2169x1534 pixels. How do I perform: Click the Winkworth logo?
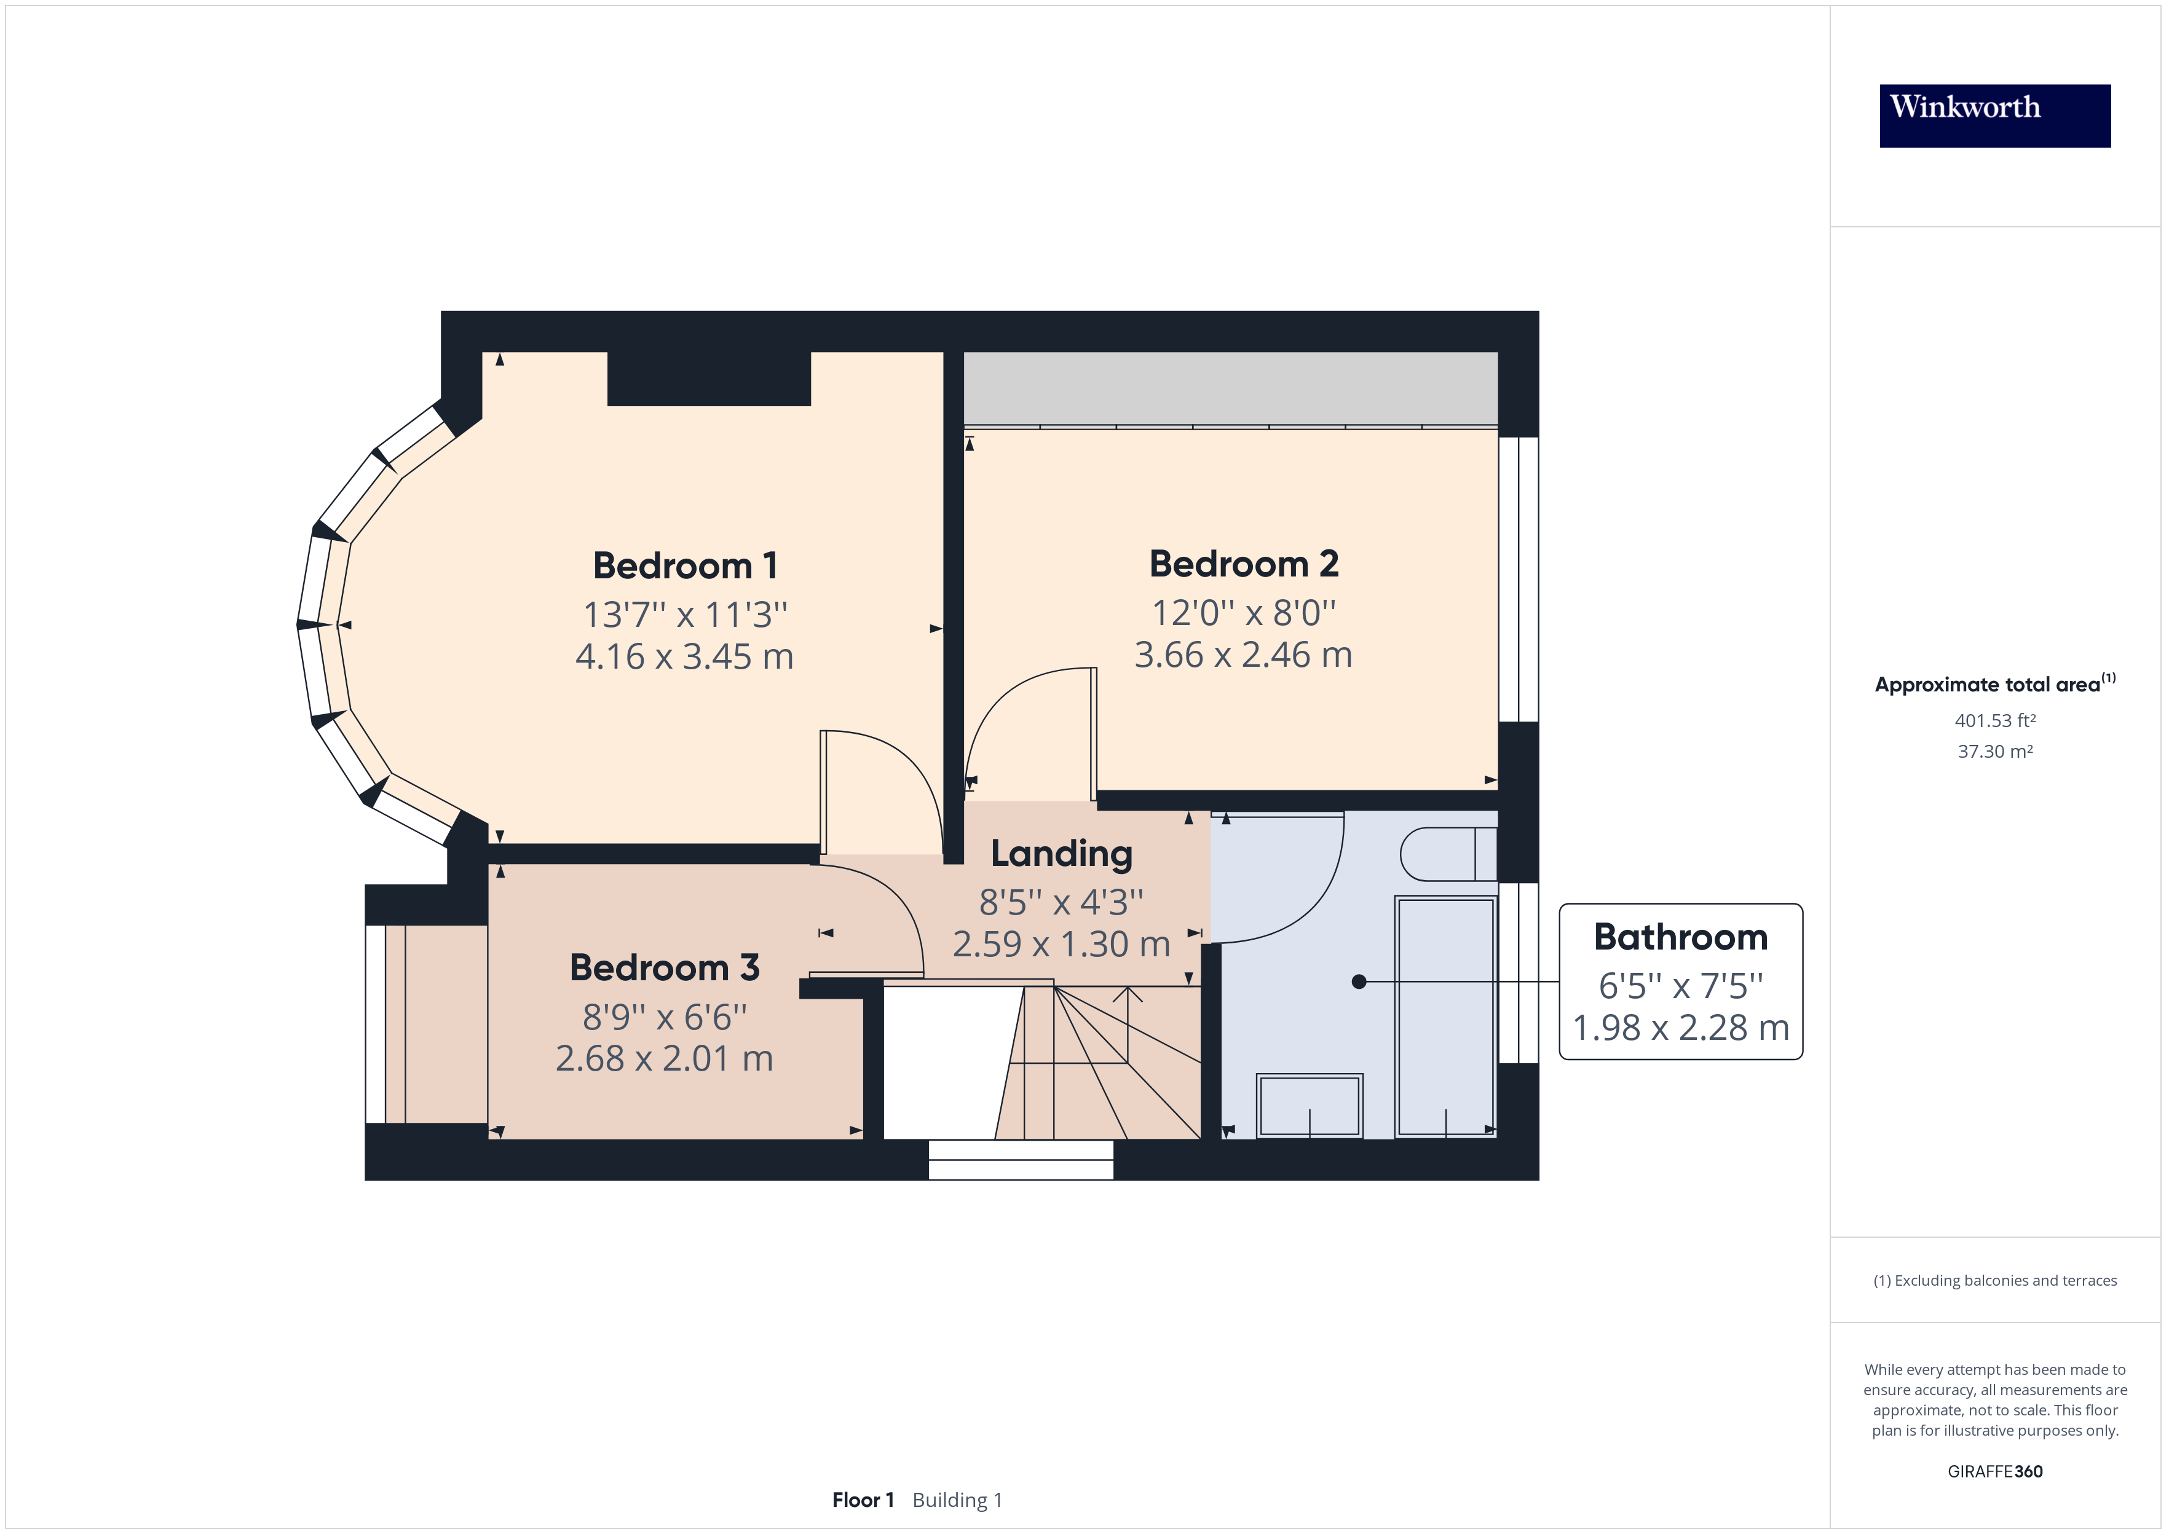[1994, 116]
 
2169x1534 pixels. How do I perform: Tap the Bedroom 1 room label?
[685, 566]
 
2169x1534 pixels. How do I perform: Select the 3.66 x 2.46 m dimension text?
[1243, 655]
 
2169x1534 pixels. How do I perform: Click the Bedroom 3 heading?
[664, 967]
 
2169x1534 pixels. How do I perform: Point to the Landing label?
[1061, 853]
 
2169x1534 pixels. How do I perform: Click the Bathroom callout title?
[1681, 936]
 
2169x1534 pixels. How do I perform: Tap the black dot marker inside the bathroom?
[1359, 981]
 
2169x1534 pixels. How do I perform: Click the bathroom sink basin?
[1310, 1105]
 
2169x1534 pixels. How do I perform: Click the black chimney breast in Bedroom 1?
[708, 378]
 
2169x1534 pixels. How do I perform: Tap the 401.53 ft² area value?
[1995, 721]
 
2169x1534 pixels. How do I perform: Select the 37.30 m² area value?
[1995, 752]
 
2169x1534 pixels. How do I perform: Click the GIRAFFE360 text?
[1995, 1471]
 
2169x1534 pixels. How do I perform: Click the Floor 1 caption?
[863, 1500]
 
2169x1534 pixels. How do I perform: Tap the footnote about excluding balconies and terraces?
[1995, 1281]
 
